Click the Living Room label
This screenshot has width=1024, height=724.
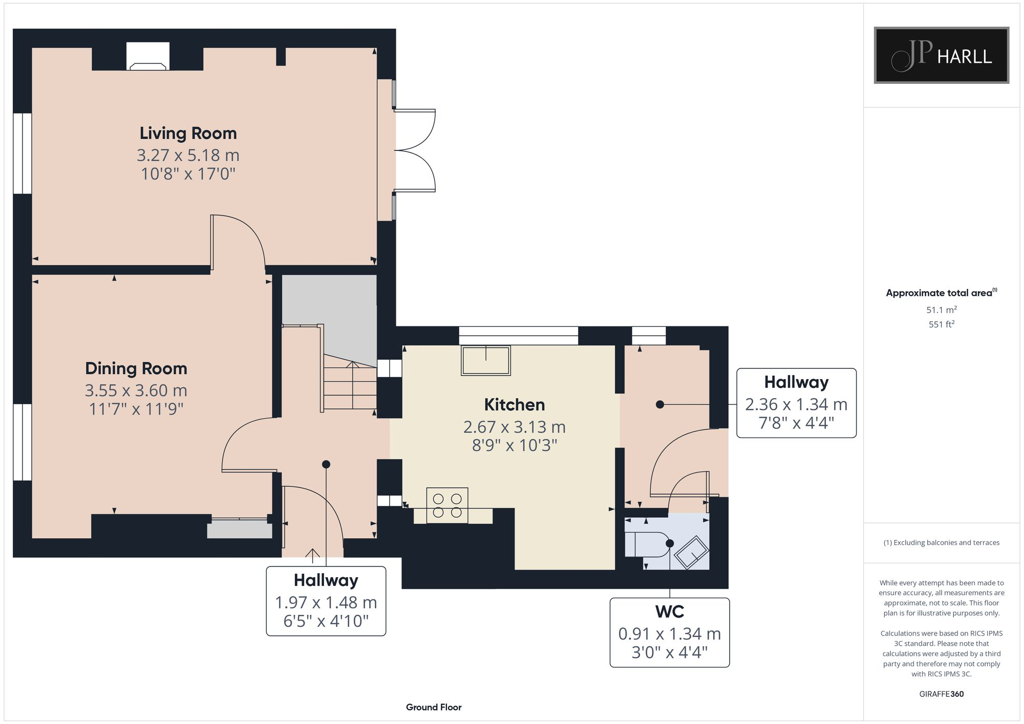pyautogui.click(x=188, y=133)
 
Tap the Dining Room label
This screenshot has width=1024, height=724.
pyautogui.click(x=136, y=368)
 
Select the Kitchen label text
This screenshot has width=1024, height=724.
pyautogui.click(x=515, y=405)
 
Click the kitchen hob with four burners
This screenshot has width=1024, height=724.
pyautogui.click(x=447, y=505)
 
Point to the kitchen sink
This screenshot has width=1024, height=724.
pyautogui.click(x=486, y=360)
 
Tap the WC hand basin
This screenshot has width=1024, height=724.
pyautogui.click(x=692, y=553)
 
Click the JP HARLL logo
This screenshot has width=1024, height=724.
pyautogui.click(x=942, y=55)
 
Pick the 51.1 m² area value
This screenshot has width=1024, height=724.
pyautogui.click(x=942, y=310)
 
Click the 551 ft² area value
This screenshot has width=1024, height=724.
pyautogui.click(x=942, y=324)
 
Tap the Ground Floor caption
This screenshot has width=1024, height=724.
pyautogui.click(x=434, y=707)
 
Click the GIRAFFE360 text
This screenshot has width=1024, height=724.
pyautogui.click(x=942, y=694)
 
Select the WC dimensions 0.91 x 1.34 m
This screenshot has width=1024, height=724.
pyautogui.click(x=670, y=634)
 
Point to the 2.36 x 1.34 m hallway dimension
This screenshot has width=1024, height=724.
pyautogui.click(x=796, y=405)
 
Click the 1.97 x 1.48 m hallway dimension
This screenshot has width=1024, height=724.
pyautogui.click(x=326, y=603)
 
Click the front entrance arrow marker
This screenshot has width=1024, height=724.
pyautogui.click(x=312, y=554)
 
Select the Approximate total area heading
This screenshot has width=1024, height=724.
pyautogui.click(x=942, y=293)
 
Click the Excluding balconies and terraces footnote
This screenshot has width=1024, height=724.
pyautogui.click(x=942, y=542)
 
